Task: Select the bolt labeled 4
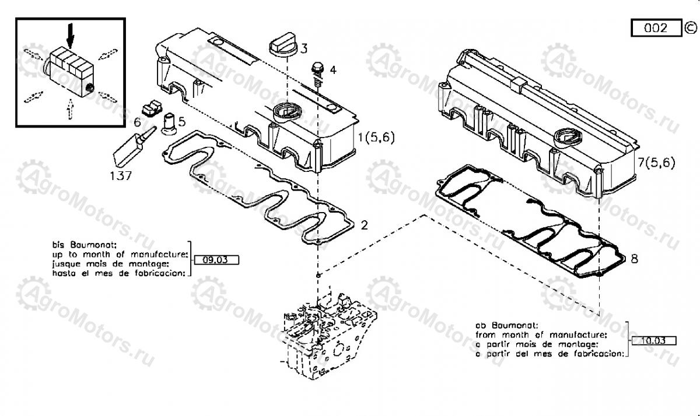tap(318, 70)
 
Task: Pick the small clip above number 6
tap(152, 107)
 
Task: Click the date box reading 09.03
tap(216, 260)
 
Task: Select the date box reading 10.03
tap(653, 341)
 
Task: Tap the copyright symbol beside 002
tap(690, 27)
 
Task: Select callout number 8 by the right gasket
tap(635, 257)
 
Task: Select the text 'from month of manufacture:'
tap(541, 334)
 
